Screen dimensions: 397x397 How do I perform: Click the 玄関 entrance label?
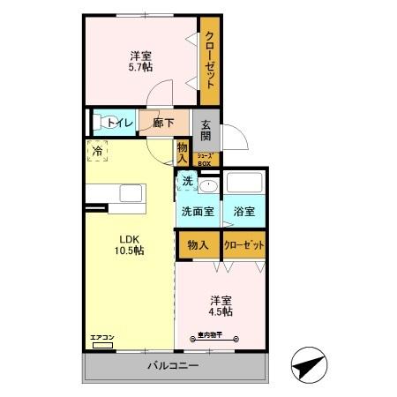point(206,130)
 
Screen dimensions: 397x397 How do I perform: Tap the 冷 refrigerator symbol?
point(98,151)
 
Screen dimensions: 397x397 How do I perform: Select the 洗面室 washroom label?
point(198,212)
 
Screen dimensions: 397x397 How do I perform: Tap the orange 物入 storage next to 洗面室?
point(198,245)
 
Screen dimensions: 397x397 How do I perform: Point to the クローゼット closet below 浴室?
point(244,245)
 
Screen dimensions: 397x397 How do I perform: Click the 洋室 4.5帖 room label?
point(221,304)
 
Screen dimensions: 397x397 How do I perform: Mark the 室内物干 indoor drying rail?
point(217,336)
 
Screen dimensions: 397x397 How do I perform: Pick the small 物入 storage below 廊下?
point(183,153)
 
